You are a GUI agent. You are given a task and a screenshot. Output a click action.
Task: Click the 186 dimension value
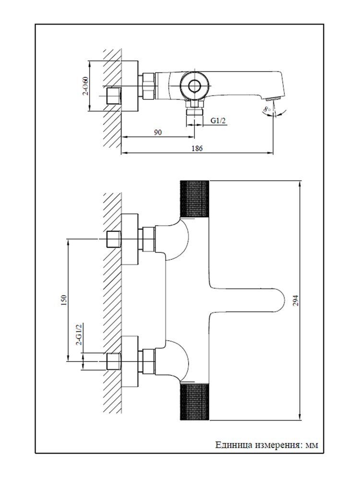coord(197,149)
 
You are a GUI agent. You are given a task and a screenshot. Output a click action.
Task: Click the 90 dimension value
coord(157,132)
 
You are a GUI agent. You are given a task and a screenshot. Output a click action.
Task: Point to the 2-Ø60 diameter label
coord(85,86)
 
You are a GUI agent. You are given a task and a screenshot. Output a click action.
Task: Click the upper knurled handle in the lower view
coord(194,201)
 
